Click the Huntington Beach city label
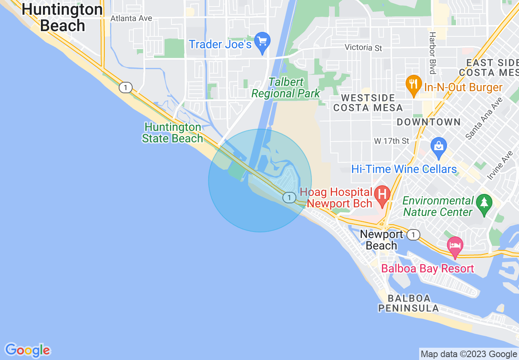[x=62, y=17]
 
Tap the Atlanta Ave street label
[x=131, y=18]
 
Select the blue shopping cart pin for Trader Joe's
[x=262, y=42]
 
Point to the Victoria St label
[x=363, y=48]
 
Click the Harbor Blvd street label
[x=432, y=53]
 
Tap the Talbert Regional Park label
[x=286, y=88]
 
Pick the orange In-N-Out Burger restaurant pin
[x=413, y=84]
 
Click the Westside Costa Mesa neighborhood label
[x=368, y=103]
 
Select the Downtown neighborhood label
[x=429, y=122]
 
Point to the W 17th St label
[x=392, y=141]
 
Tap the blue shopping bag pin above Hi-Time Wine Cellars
[x=438, y=147]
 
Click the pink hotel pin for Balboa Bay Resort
[x=455, y=246]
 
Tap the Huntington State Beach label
[x=172, y=133]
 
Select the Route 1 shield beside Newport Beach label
[x=414, y=234]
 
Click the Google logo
[x=27, y=350]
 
